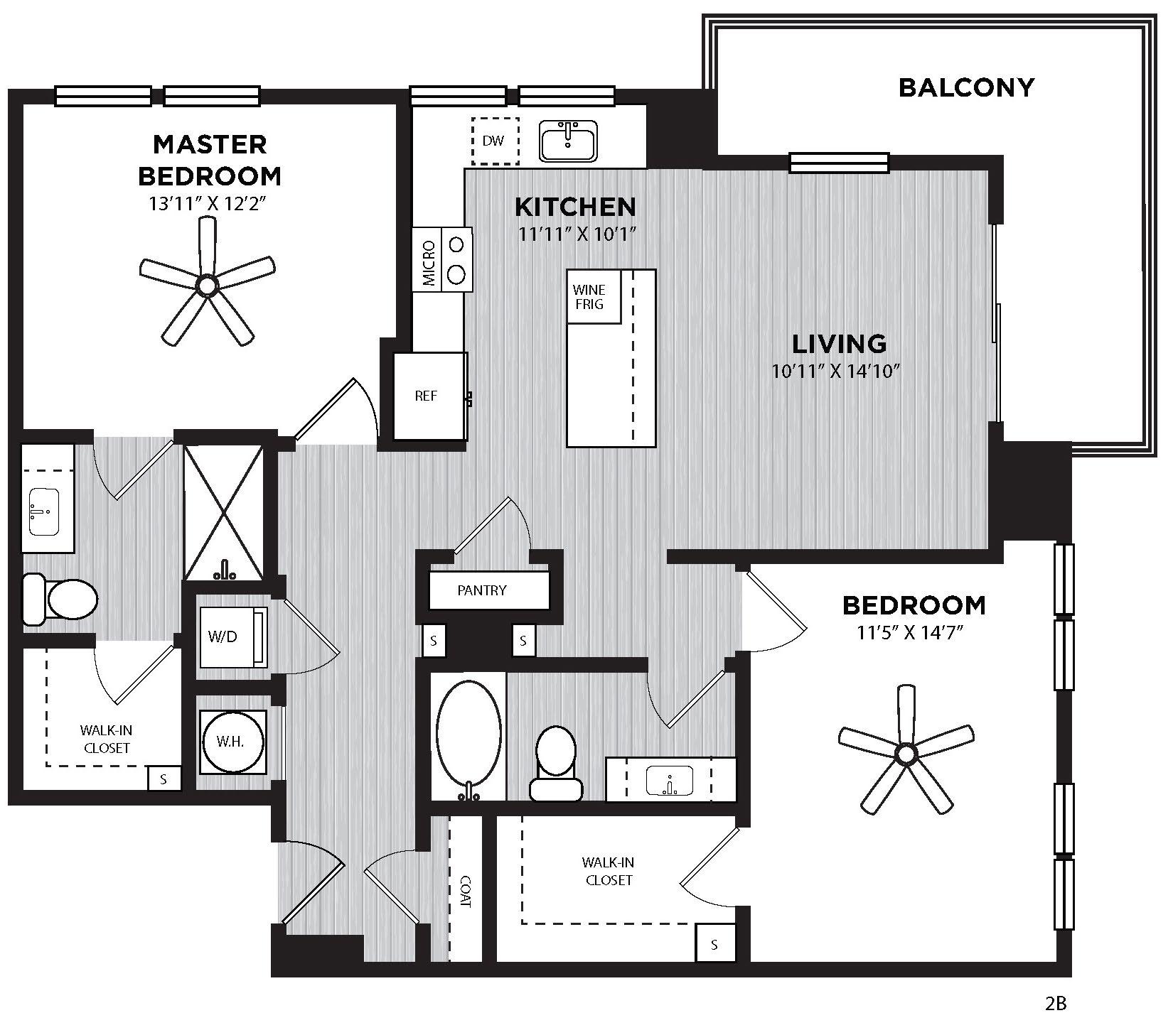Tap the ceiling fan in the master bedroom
pos(207,285)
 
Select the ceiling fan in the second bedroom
pos(906,752)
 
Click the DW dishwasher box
pos(495,141)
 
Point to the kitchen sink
pos(569,141)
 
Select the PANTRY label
pos(482,590)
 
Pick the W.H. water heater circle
pos(231,742)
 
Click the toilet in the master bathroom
pos(60,599)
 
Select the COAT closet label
pos(466,890)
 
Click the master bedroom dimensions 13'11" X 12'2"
pos(211,204)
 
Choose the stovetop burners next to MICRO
pos(457,259)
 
